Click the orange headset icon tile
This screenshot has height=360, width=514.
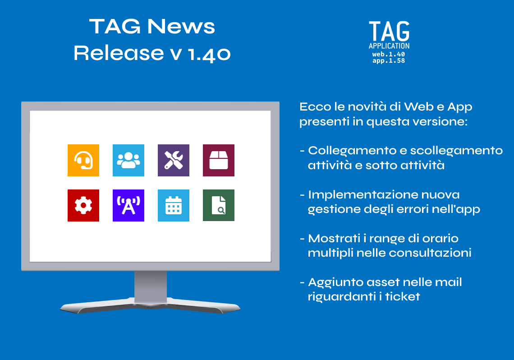(x=83, y=160)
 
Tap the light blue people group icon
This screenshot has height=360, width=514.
(x=128, y=160)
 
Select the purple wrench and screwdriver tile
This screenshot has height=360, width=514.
(x=174, y=160)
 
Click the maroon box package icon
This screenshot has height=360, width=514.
(x=219, y=160)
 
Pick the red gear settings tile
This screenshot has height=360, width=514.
(x=83, y=206)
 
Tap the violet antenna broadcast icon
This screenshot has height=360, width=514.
(x=128, y=206)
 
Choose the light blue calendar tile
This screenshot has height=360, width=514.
(x=174, y=206)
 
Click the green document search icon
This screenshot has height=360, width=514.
(x=219, y=206)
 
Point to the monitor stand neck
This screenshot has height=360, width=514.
(x=151, y=286)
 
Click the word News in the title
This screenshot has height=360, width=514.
(x=181, y=27)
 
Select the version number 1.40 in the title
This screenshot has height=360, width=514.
(x=210, y=54)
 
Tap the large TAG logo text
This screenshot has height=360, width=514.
(x=389, y=31)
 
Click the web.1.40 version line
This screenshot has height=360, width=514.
(x=389, y=54)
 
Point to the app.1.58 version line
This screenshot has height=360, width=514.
(x=389, y=60)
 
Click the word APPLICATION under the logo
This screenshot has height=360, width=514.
(x=389, y=46)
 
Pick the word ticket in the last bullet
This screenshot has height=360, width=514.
(x=403, y=296)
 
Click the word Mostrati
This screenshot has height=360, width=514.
(x=334, y=238)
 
